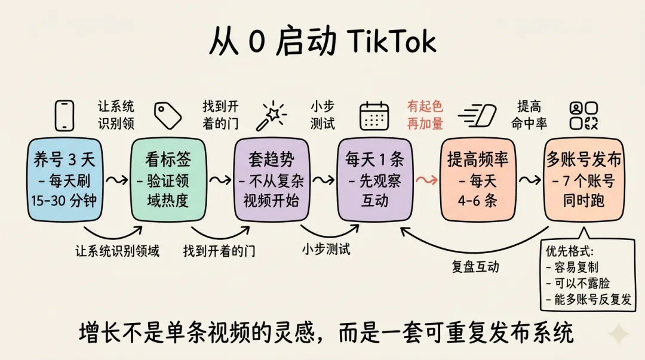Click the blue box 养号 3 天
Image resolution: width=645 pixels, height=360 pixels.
tap(64, 180)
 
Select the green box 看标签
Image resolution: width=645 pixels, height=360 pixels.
tap(167, 180)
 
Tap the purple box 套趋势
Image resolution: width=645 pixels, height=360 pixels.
tap(272, 180)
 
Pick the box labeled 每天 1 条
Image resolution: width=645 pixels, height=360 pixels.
tap(374, 180)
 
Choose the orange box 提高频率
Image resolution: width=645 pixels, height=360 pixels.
tap(477, 180)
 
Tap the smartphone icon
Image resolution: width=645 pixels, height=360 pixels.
tap(64, 115)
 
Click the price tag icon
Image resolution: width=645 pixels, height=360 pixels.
tap(167, 116)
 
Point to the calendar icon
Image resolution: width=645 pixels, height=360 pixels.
tap(374, 116)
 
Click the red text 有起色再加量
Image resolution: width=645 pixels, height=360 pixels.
tap(425, 115)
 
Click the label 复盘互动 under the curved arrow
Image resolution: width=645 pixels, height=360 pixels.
tap(475, 267)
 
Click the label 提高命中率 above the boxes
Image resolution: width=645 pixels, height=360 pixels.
tap(529, 115)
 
